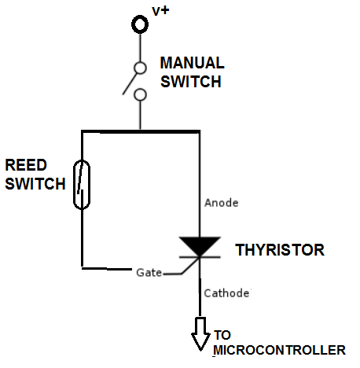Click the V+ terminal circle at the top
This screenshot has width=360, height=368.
(139, 24)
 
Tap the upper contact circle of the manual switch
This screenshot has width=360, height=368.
(139, 68)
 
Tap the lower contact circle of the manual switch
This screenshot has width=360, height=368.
(139, 95)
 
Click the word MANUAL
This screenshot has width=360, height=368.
(193, 63)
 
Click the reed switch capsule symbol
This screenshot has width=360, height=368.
(82, 184)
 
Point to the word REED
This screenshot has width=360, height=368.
(25, 166)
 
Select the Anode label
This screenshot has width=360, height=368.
(220, 202)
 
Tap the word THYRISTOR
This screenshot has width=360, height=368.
(279, 251)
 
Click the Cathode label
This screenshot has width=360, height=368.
(226, 293)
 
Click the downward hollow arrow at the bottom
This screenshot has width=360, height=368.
(199, 333)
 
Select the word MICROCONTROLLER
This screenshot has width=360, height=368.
(279, 350)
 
